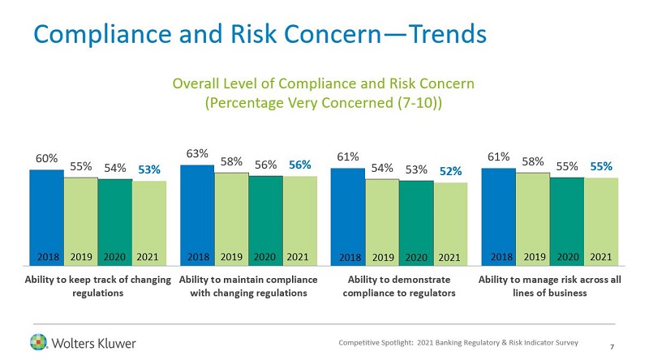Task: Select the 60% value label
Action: click(x=45, y=158)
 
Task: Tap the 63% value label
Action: click(x=196, y=152)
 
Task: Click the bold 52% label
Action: click(x=450, y=170)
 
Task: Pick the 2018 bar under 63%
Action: click(x=197, y=215)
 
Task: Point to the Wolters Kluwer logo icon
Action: click(x=39, y=341)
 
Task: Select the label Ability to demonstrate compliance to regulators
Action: click(x=398, y=286)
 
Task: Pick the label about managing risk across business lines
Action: click(x=549, y=286)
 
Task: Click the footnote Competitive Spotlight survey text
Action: click(x=458, y=343)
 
